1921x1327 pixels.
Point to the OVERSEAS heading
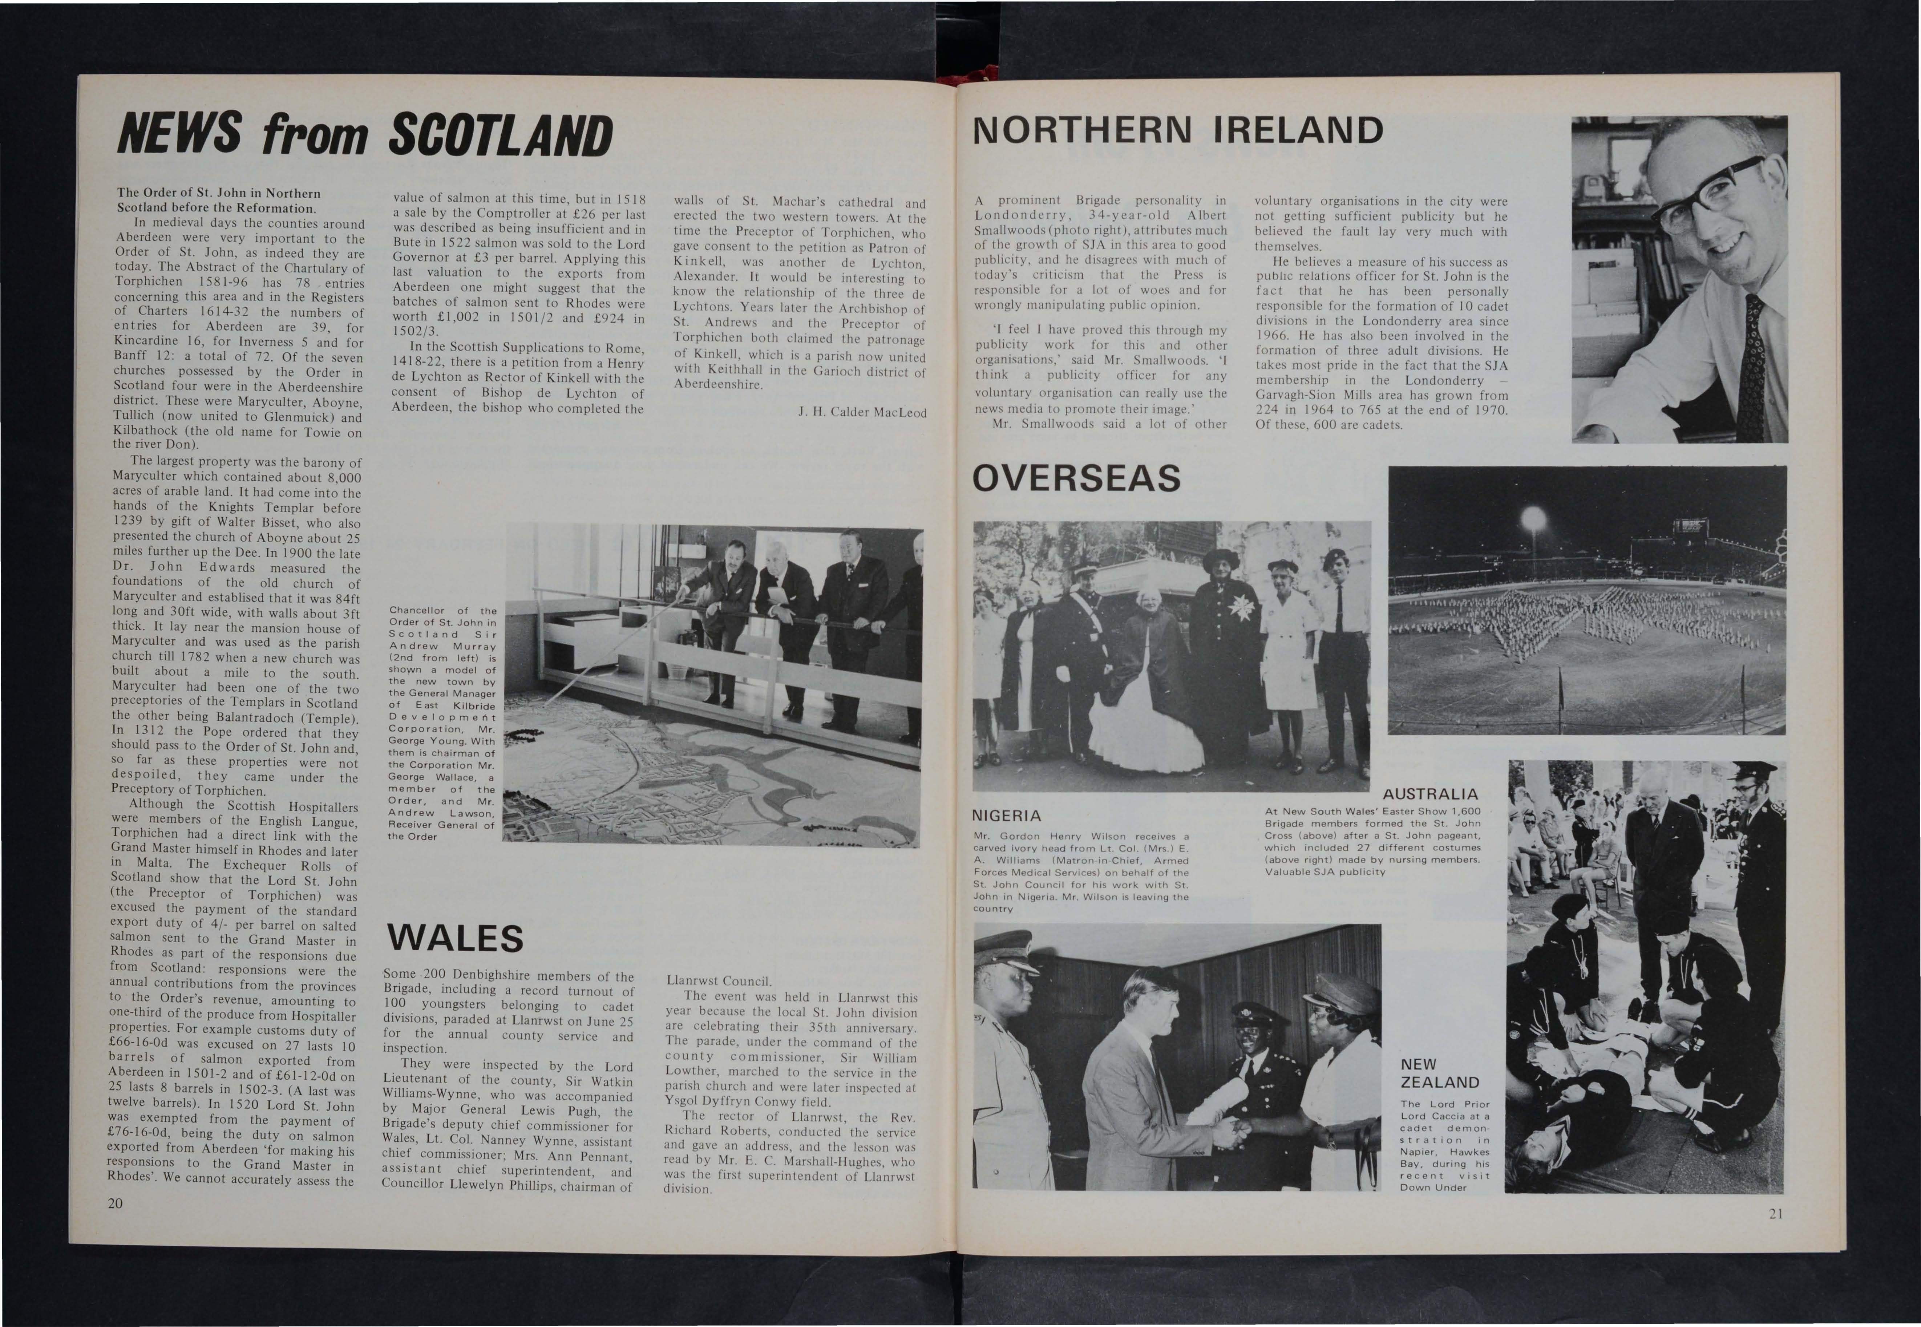tap(1076, 478)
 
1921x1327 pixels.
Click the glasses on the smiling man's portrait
tap(1708, 193)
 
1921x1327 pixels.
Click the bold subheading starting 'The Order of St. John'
tap(218, 199)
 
